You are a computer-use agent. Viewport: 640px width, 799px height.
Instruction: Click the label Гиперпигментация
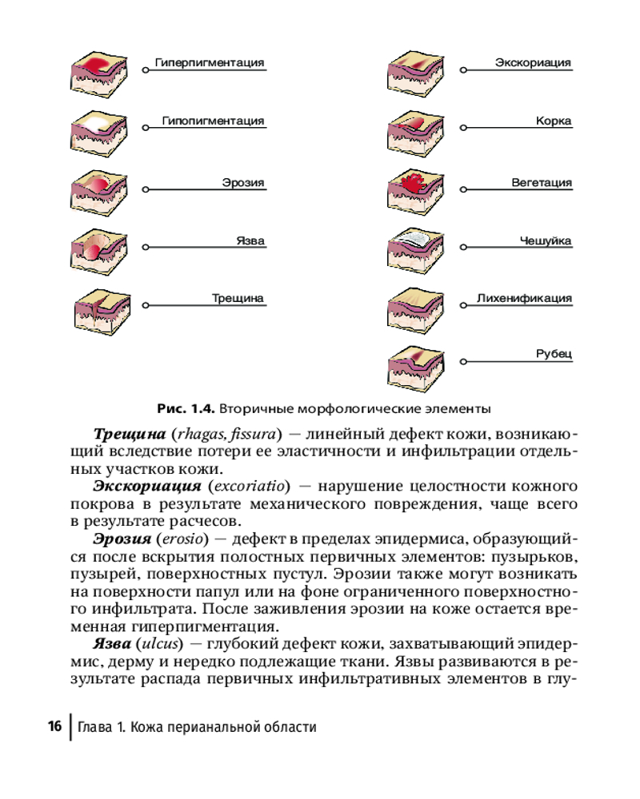click(x=209, y=62)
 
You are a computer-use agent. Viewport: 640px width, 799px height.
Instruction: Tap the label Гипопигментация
click(x=213, y=121)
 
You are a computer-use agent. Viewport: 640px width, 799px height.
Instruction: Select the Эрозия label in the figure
click(x=243, y=183)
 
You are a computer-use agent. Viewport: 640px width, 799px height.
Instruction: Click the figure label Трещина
click(x=238, y=299)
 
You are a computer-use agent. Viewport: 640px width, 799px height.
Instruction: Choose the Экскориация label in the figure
click(x=533, y=62)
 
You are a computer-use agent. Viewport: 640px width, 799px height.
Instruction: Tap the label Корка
click(x=554, y=121)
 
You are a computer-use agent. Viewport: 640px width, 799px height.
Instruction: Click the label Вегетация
click(x=542, y=183)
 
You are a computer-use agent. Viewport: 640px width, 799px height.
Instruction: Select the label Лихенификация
click(x=524, y=299)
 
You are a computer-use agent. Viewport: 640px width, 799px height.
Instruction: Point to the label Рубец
click(x=554, y=354)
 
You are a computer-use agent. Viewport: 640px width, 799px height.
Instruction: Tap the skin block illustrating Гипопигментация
click(x=96, y=130)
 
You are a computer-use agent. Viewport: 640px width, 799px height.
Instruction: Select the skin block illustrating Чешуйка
click(x=414, y=248)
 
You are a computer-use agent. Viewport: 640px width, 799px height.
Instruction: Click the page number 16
click(x=54, y=727)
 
